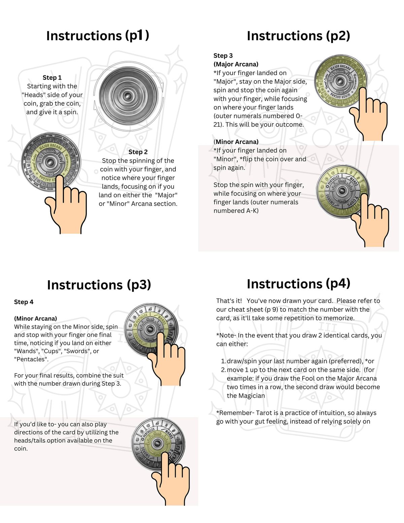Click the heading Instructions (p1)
pyautogui.click(x=97, y=36)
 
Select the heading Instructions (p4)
pyautogui.click(x=298, y=284)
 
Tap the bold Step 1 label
pyautogui.click(x=52, y=77)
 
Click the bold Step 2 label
pyautogui.click(x=138, y=152)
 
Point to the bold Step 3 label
pyautogui.click(x=223, y=56)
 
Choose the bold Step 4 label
pyautogui.click(x=24, y=302)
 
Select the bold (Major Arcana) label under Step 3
pyautogui.click(x=236, y=64)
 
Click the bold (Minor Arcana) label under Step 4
pyautogui.click(x=35, y=318)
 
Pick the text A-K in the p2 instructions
pyautogui.click(x=251, y=211)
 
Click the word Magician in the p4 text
pyautogui.click(x=251, y=396)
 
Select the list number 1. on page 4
pyautogui.click(x=223, y=361)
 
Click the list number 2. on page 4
pyautogui.click(x=223, y=370)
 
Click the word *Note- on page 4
pyautogui.click(x=226, y=335)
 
